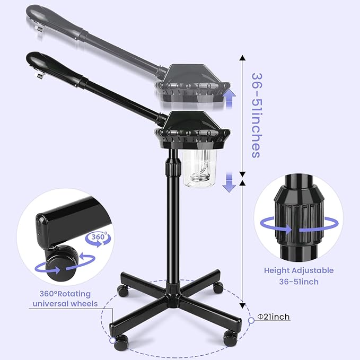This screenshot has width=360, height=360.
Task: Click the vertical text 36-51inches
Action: click(x=255, y=115)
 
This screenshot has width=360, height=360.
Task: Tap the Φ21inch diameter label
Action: click(x=273, y=317)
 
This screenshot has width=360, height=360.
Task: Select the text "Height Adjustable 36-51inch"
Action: click(x=298, y=276)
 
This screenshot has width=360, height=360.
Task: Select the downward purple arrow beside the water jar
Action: click(x=229, y=183)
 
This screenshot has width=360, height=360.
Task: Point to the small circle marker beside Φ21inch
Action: click(x=251, y=321)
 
